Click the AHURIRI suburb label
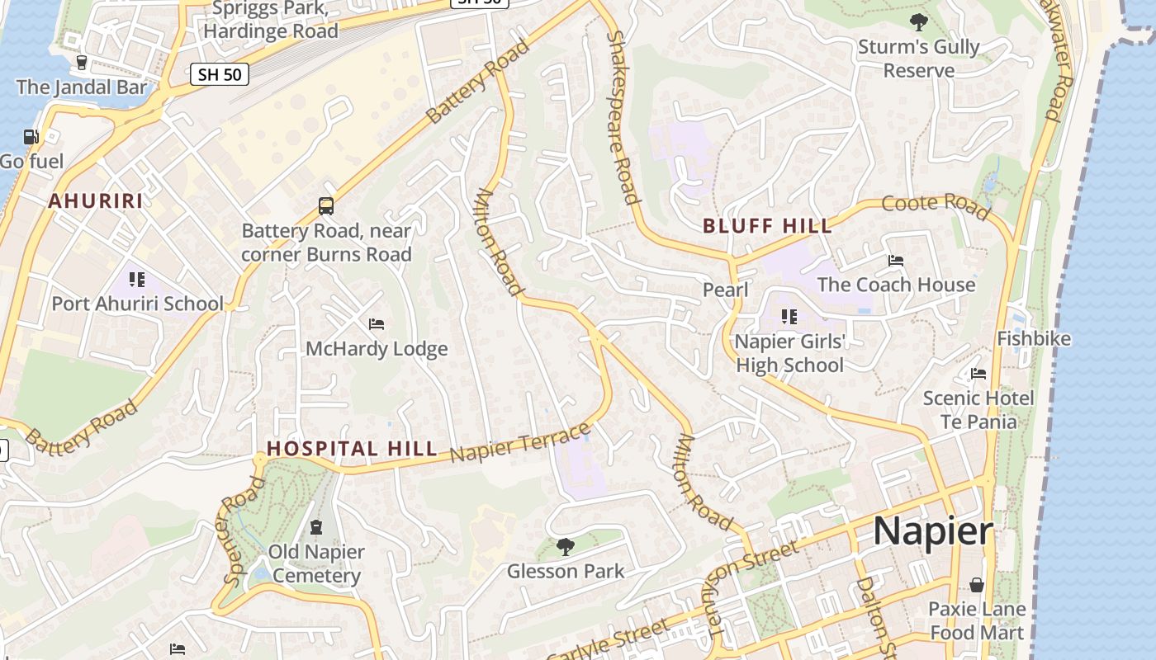tap(95, 200)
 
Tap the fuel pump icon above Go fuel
tap(31, 137)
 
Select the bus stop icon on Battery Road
tap(326, 206)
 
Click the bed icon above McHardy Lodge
tap(377, 324)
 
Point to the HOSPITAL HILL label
tap(352, 449)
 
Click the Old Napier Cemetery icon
tap(315, 526)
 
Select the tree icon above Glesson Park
tap(566, 546)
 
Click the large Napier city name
tap(933, 530)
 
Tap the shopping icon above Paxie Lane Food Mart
tap(977, 585)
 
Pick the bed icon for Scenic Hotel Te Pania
tap(978, 374)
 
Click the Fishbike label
tap(1034, 338)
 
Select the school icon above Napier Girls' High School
tap(789, 316)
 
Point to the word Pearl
tap(725, 290)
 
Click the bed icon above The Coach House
tap(896, 261)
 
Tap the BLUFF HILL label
tap(767, 226)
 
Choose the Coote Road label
tap(936, 207)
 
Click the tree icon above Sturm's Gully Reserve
tap(918, 22)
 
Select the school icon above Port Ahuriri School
tap(137, 280)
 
